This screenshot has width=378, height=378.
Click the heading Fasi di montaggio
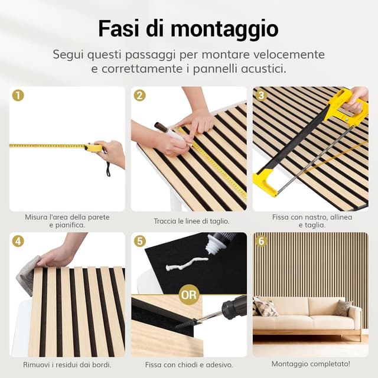click(x=188, y=28)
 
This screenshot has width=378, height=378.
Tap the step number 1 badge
click(x=18, y=95)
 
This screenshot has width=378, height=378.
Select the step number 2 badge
click(x=139, y=95)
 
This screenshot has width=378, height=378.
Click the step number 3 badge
click(x=261, y=95)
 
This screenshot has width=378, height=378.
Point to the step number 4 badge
click(x=18, y=241)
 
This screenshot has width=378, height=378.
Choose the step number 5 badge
click(x=139, y=241)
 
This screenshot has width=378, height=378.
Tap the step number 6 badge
click(x=261, y=241)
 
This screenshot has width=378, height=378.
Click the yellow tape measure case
click(x=93, y=148)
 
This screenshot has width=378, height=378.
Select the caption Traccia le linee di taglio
click(x=188, y=221)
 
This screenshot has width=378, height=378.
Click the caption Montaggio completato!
click(x=310, y=364)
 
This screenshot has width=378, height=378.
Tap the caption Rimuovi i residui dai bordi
click(x=67, y=364)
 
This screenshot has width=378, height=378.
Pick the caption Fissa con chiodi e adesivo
click(x=188, y=364)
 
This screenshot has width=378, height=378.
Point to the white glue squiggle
click(x=187, y=263)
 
